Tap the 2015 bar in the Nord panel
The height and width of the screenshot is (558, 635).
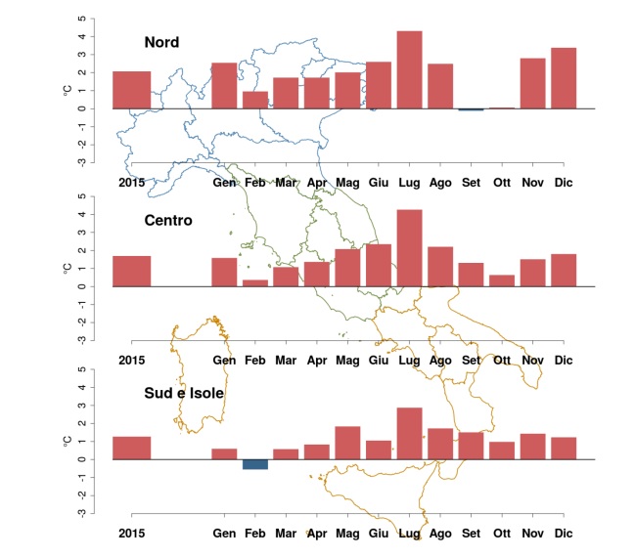coord(131,89)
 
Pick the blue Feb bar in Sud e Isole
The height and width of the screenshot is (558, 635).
coord(255,464)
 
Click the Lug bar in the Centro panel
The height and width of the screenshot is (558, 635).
coord(409,248)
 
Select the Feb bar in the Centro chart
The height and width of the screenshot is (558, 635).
coord(255,283)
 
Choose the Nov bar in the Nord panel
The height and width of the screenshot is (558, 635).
coord(532,83)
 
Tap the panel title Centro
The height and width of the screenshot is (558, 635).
coord(167,220)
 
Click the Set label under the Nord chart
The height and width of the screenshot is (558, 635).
coord(471,182)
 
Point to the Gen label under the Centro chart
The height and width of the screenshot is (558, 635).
coord(224,360)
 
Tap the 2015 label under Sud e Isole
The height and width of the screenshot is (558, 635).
coord(131,534)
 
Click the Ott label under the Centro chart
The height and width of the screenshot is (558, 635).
coord(501,360)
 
